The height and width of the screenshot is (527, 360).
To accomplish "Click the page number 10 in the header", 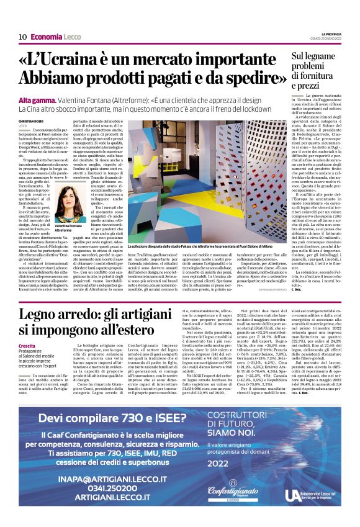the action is (x=22, y=37).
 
